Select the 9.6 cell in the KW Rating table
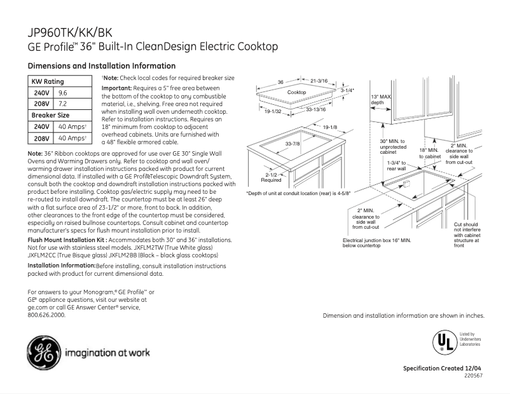[x=64, y=92]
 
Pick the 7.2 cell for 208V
[x=64, y=104]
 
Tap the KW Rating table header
[x=48, y=81]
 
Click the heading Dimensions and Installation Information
[x=102, y=65]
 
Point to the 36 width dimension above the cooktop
[x=280, y=82]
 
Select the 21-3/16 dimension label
[x=319, y=82]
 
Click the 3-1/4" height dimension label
[x=347, y=91]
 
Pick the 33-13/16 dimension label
[x=316, y=110]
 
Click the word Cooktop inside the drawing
[x=297, y=93]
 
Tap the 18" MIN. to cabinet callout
[x=429, y=153]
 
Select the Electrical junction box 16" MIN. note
[x=376, y=243]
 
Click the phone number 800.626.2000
[x=46, y=315]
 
